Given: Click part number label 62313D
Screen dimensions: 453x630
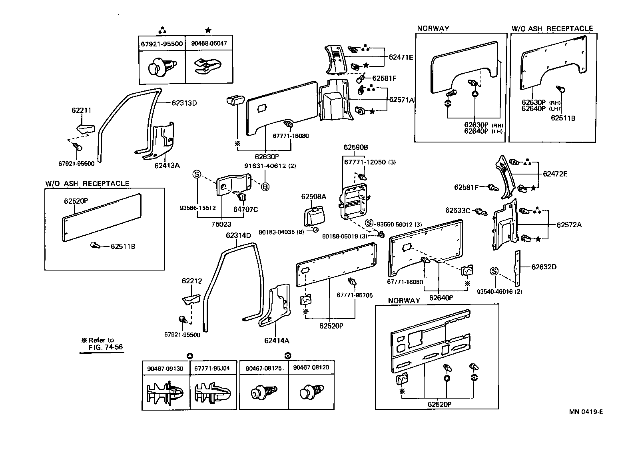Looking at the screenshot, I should [x=184, y=103].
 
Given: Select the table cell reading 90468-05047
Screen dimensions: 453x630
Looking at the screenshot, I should [x=209, y=43].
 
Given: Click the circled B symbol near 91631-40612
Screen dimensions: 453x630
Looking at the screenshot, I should [x=265, y=186].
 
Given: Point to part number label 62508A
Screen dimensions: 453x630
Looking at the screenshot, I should [x=313, y=196].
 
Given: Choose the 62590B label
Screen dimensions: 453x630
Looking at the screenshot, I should [x=355, y=147].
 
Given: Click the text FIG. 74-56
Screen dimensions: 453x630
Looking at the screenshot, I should [x=106, y=347].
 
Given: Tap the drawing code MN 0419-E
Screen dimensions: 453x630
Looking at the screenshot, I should [x=586, y=412].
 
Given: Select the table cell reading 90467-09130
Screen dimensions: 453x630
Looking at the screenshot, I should [x=165, y=369].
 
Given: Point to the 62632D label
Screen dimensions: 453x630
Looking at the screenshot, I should [x=544, y=267].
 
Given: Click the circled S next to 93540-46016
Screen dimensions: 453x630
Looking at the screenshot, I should [x=494, y=272].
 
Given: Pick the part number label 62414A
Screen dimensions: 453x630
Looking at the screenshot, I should [x=276, y=341].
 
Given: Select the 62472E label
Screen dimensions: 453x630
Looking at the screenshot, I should [x=555, y=174].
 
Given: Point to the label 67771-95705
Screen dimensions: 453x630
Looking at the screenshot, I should [x=354, y=295].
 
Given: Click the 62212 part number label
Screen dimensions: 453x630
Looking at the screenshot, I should [x=192, y=281].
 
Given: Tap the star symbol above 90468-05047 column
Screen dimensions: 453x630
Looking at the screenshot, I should [x=208, y=30].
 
